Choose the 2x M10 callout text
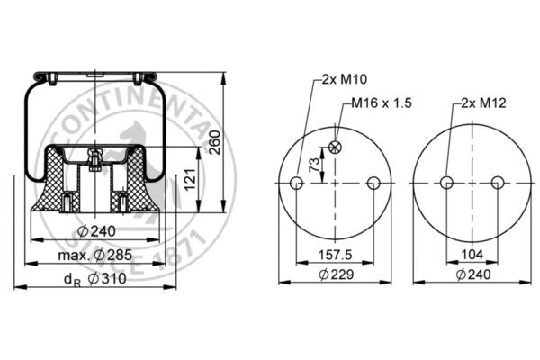(339, 79)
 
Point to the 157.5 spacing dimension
(335, 255)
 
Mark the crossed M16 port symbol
(335, 148)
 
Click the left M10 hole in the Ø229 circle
(296, 184)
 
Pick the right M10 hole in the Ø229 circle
(373, 184)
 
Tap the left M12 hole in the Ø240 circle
(445, 184)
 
